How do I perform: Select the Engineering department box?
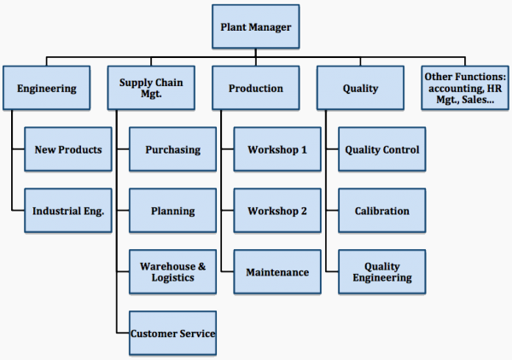46,88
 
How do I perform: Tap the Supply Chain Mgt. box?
151,88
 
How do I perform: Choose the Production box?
256,88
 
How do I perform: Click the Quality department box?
360,88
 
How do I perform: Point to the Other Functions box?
465,88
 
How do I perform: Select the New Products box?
67,149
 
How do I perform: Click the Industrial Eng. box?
67,211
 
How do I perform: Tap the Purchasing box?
172,149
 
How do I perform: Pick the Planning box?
172,211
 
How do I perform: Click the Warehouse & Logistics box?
172,272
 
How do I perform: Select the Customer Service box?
172,333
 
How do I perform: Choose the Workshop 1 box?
277,149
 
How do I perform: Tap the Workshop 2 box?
277,211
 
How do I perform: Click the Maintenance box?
277,272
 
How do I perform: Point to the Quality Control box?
381,149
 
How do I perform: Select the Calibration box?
381,211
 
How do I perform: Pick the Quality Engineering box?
381,272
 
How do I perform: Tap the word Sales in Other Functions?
477,100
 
